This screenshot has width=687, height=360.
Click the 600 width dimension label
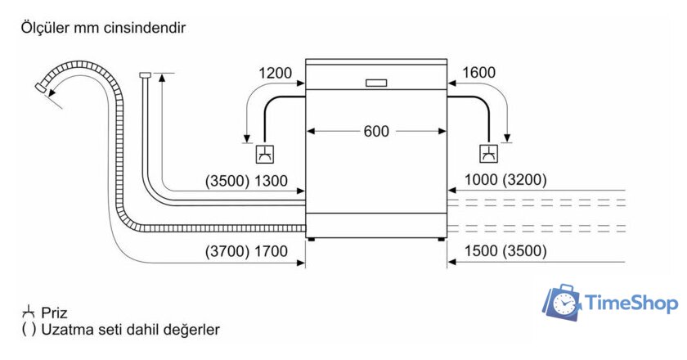click(x=376, y=131)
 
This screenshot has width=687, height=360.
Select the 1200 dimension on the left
click(x=276, y=73)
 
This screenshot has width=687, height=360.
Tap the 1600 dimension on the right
click(x=478, y=73)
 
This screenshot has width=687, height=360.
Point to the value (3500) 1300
click(x=246, y=181)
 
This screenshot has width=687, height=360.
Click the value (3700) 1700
click(x=246, y=251)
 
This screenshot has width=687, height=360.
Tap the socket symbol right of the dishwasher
click(x=489, y=153)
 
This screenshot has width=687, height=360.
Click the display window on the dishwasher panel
click(x=376, y=82)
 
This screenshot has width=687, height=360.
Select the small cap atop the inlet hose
click(x=146, y=75)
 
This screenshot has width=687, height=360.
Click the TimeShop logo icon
click(x=564, y=303)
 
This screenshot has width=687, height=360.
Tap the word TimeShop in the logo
click(x=632, y=304)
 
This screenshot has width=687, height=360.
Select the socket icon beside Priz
click(x=28, y=312)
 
